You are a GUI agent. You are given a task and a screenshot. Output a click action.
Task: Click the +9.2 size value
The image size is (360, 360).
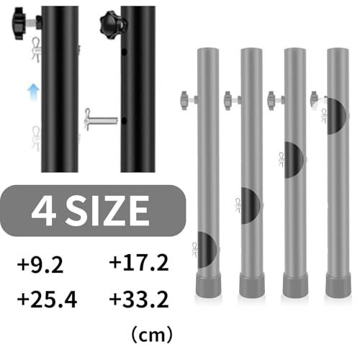[x=40, y=264]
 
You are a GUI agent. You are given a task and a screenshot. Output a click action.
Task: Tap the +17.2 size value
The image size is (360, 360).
[x=139, y=263]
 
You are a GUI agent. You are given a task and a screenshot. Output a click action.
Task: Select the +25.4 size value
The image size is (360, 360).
[x=48, y=300]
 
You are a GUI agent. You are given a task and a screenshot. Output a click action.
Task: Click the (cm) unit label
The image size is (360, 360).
[x=152, y=335]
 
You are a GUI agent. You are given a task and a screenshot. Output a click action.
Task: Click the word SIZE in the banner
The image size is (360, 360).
[x=107, y=211]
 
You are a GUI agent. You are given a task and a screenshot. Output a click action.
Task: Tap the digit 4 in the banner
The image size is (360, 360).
[x=45, y=211]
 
